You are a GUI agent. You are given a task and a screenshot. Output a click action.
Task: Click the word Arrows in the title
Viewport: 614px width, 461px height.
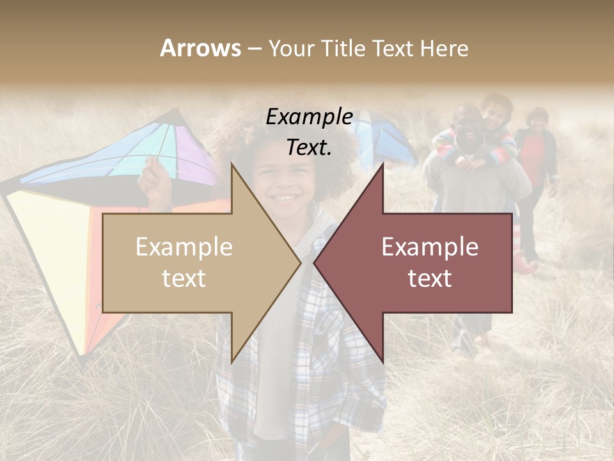[200, 48]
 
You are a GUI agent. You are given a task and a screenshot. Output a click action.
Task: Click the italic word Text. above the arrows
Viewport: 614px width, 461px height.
[309, 147]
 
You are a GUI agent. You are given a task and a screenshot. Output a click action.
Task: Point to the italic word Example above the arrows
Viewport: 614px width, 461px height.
[309, 117]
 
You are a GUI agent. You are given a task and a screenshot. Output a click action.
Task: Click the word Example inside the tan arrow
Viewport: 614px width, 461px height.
[184, 247]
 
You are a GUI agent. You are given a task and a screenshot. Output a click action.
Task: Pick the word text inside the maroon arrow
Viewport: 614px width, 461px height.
[430, 279]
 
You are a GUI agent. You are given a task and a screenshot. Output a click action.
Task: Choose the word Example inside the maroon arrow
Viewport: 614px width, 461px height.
[430, 247]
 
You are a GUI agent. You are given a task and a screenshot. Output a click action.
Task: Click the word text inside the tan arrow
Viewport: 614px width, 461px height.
[184, 279]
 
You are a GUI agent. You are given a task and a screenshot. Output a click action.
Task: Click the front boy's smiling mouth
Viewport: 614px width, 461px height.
[287, 196]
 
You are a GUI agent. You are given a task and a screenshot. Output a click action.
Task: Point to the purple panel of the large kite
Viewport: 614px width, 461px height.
[192, 154]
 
